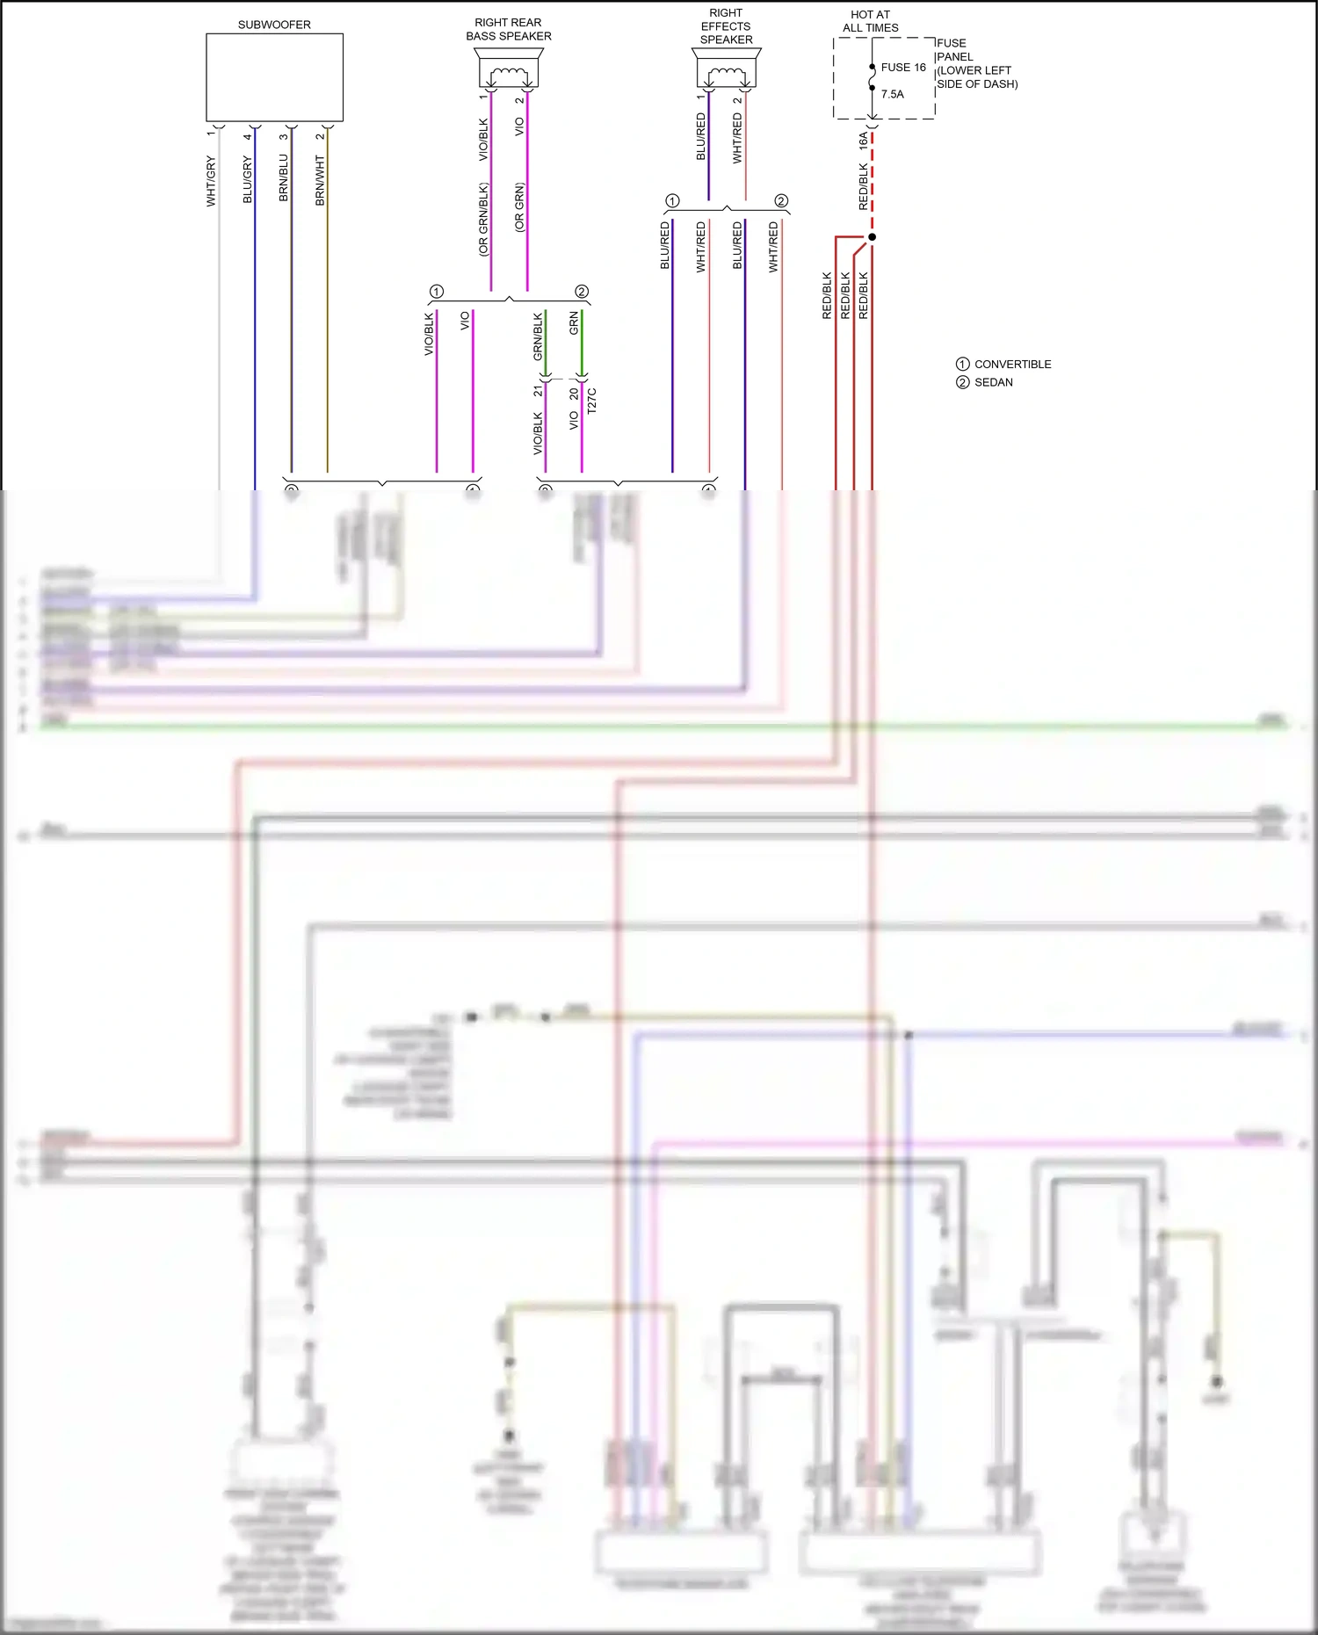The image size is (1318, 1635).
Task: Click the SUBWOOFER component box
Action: point(274,77)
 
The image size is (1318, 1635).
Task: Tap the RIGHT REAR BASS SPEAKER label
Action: point(508,29)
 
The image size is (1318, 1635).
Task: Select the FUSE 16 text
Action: point(903,67)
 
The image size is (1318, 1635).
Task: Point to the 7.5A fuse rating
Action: point(892,94)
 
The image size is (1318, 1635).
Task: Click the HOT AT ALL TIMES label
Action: point(870,21)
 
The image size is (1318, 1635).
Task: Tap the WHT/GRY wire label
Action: point(211,181)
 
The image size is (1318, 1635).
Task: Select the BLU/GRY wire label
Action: point(247,179)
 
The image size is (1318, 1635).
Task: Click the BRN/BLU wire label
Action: point(283,178)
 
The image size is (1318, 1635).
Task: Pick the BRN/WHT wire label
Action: point(320,180)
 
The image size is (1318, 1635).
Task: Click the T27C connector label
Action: point(591,401)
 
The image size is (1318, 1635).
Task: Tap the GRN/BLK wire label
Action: point(538,336)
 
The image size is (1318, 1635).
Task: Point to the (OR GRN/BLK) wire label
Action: point(483,220)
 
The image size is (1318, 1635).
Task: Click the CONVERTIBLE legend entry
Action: point(1012,364)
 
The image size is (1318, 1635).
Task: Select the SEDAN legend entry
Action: point(993,382)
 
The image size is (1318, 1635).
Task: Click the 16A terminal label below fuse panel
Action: point(863,141)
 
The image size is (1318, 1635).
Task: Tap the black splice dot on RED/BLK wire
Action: point(872,237)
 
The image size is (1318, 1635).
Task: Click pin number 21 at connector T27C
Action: point(538,390)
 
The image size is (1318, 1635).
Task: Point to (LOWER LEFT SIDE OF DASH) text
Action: point(975,77)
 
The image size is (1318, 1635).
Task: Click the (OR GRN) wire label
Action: point(519,207)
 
